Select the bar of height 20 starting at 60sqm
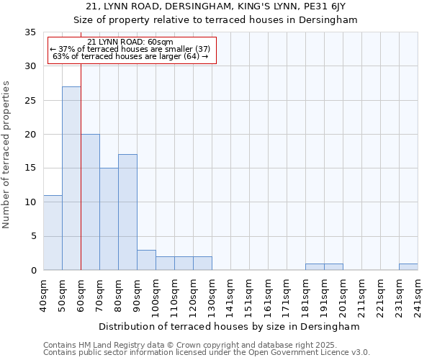[90, 202]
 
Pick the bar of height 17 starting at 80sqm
[127, 212]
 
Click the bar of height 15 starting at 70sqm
[109, 219]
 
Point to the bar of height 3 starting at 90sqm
[146, 260]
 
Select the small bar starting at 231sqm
[408, 267]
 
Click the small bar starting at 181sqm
[315, 267]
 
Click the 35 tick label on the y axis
[30, 32]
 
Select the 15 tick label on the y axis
[30, 168]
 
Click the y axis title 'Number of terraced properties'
[6, 155]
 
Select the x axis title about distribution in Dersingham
[228, 326]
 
